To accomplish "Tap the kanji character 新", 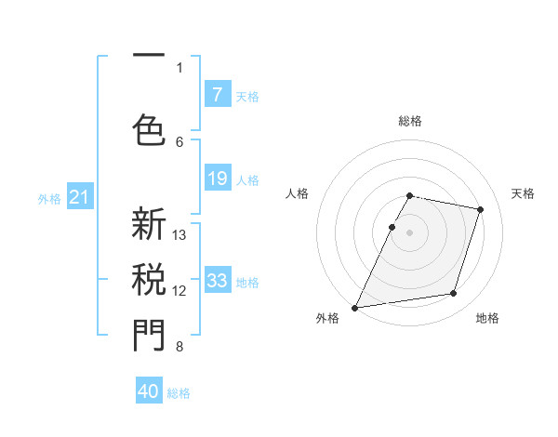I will click(149, 226).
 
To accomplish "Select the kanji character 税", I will click(149, 279).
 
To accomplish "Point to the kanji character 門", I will click(149, 335).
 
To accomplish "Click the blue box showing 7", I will click(217, 95).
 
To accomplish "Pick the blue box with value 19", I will click(217, 179).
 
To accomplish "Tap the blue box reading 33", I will click(217, 281).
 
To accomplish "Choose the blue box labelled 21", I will click(79, 197).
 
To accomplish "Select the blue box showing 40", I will click(149, 391).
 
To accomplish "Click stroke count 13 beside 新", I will click(179, 235).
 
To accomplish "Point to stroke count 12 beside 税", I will click(179, 291).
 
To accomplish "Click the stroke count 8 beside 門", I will click(179, 347).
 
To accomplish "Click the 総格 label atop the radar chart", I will click(409, 122).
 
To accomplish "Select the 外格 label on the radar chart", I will click(327, 318).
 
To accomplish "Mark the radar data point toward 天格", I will click(481, 209).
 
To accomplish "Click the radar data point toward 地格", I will click(454, 294).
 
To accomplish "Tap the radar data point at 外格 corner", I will click(354, 308).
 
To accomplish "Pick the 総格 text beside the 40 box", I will click(179, 393).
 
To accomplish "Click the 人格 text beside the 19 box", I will click(247, 180).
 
